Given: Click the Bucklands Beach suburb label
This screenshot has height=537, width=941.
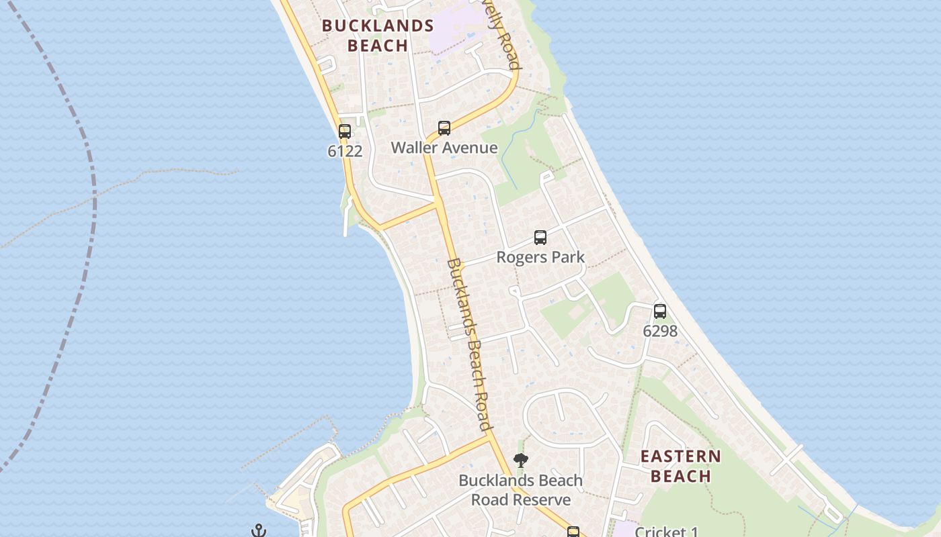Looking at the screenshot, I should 377,36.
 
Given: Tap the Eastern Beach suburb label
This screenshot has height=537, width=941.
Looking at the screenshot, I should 680,466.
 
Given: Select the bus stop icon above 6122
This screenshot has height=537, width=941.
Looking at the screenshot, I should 345,132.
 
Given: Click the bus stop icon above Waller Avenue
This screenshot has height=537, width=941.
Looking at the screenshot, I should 444,128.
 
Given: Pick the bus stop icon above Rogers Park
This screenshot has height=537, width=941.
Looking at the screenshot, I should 540,238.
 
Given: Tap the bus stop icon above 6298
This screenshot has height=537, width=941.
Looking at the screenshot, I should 660,311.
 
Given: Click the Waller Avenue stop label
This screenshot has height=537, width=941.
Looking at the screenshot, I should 444,148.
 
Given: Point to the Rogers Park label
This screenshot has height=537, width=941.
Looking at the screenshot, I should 540,257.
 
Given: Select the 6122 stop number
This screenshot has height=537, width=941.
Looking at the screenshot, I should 345,151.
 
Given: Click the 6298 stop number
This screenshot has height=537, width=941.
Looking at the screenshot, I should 660,331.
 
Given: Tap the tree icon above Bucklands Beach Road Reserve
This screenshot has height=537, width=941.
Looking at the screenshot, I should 520,460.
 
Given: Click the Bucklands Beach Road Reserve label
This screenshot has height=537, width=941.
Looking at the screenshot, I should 520,490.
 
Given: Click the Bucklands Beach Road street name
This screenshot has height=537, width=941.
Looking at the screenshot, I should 468,344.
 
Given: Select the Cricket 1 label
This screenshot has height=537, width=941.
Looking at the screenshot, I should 666,532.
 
